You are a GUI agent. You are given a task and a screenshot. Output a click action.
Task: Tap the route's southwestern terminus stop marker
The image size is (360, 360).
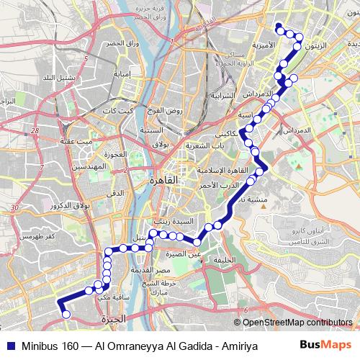point(66,315)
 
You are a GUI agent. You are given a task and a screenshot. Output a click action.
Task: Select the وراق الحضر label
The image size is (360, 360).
point(121,45)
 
